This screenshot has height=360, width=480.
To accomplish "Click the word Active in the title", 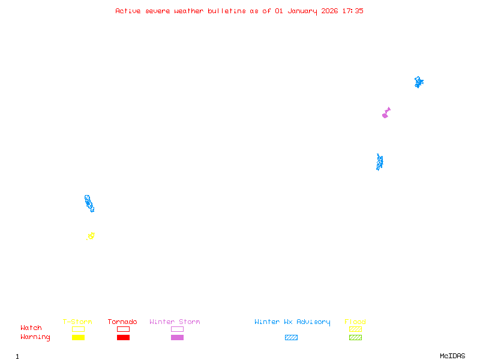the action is tap(128, 11).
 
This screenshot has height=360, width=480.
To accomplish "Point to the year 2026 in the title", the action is tap(329, 11).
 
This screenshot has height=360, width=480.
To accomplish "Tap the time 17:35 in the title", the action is tap(353, 11).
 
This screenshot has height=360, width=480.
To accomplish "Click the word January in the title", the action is tap(302, 11).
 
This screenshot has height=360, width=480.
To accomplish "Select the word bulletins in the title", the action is tap(227, 11).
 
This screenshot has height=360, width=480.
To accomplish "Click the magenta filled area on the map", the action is tap(386, 113).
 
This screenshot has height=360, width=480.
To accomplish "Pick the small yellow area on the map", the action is tap(91, 236).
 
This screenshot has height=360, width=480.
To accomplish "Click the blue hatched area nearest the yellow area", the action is tap(89, 203).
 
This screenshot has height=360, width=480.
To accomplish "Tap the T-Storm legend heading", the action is tap(77, 322).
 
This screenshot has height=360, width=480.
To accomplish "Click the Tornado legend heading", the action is tap(122, 322).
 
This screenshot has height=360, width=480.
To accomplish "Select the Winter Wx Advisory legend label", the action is tap(292, 322).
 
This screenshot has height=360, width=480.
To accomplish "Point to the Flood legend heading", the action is tap(355, 322).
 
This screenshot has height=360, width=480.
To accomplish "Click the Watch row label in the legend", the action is tap(31, 328).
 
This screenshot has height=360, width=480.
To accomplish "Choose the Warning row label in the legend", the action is tap(35, 337).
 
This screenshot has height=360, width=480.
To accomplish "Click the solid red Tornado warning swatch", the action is tap(124, 337).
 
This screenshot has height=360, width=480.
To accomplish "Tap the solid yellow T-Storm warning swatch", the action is tap(79, 337).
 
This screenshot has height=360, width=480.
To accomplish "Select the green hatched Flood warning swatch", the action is tap(355, 337).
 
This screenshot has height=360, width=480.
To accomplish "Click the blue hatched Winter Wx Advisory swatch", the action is tap(291, 337).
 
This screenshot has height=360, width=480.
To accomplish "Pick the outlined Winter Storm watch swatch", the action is tap(177, 329).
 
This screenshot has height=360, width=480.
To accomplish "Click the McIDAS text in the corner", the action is tap(452, 356).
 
